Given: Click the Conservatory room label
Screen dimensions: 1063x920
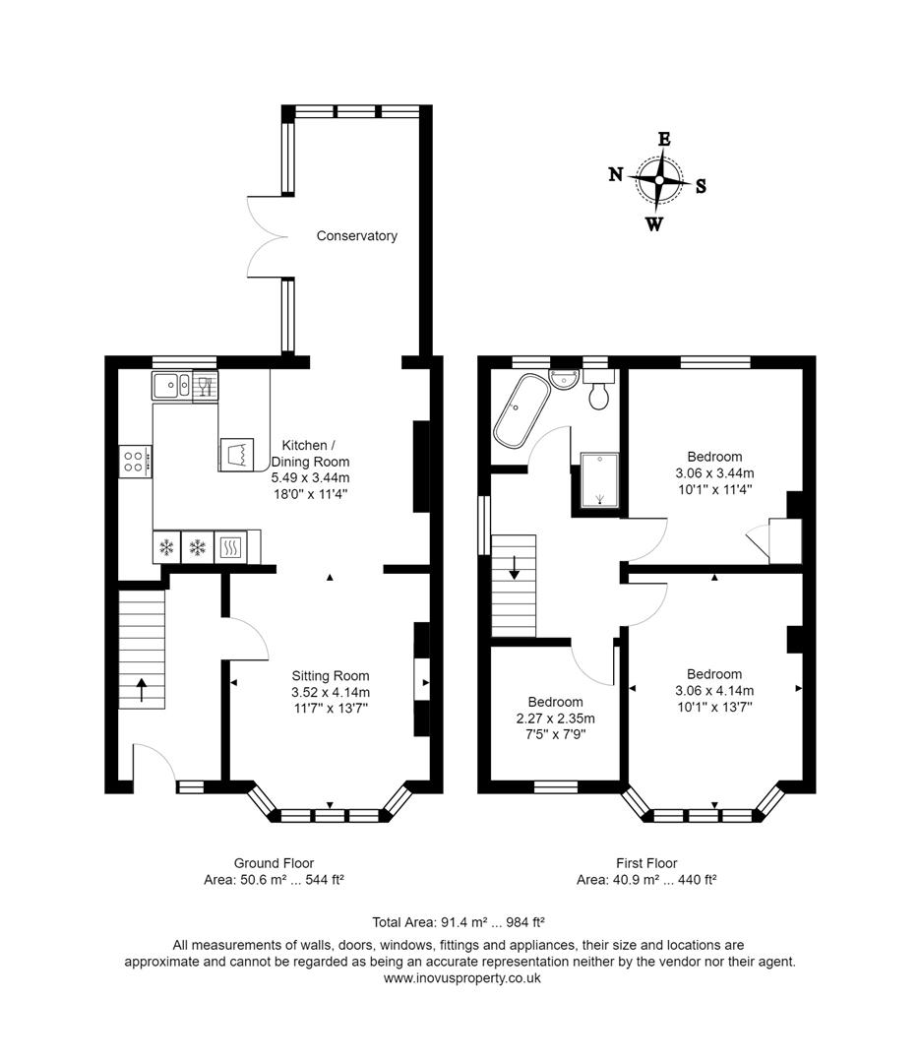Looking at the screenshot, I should point(356,236).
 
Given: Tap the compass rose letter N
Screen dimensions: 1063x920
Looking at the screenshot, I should point(616,175).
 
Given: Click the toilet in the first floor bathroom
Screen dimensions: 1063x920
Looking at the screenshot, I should point(598,393).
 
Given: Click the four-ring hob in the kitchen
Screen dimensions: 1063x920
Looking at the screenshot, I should point(135,462).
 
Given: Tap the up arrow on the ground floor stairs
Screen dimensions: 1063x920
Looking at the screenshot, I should point(140,689).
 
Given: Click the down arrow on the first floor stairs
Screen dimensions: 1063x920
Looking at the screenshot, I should point(514,568).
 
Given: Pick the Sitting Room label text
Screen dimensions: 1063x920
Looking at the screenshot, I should point(331,676).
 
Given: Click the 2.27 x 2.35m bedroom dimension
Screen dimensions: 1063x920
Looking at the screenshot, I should point(555,719).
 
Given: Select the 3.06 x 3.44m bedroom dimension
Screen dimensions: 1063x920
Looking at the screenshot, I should point(714,473).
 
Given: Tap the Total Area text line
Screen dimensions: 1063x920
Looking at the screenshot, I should point(459,922).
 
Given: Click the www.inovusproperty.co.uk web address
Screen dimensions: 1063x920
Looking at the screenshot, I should point(460,978).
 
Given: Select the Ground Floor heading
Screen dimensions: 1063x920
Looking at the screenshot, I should point(274,863).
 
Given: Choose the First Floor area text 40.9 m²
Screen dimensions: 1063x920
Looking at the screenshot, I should point(645,880).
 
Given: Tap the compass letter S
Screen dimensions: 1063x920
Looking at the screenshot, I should point(701,186).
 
